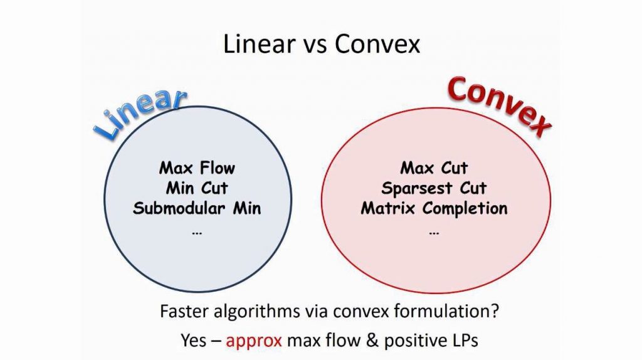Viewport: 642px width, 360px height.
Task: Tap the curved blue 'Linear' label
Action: pos(141,112)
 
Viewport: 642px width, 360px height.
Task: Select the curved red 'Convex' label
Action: pos(498,104)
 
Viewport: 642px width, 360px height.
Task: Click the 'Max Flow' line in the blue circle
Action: pos(197,168)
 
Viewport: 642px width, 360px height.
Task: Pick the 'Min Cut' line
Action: pos(197,188)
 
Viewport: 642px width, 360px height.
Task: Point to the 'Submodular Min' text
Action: pos(197,208)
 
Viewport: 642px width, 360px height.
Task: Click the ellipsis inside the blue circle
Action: pos(197,233)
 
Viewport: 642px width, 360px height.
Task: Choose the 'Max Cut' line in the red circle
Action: pos(434,168)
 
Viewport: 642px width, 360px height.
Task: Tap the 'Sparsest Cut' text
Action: pos(434,188)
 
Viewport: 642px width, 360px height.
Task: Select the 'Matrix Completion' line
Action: pos(434,208)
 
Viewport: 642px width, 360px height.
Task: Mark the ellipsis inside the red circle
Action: pos(434,233)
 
